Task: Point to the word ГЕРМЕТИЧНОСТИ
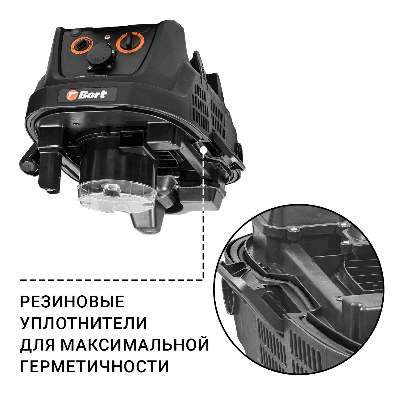point(95,366)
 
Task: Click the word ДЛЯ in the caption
point(37,345)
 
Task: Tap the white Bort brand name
point(93,94)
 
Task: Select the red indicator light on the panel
point(107,37)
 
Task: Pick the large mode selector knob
point(130,42)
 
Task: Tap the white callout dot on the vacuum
point(203,150)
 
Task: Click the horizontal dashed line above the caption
point(111,280)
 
